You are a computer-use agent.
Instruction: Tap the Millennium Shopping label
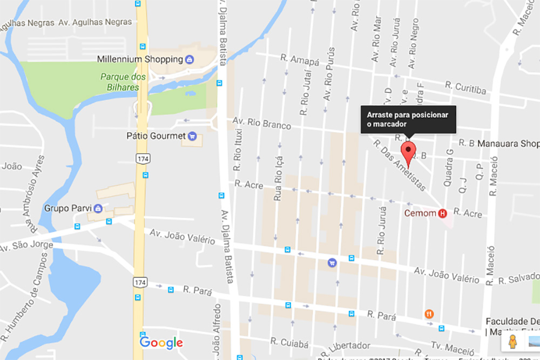tap(140, 59)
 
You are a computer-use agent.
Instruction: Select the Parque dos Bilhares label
tap(123, 82)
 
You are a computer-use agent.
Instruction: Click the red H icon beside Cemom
tap(443, 213)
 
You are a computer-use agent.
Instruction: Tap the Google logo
tap(161, 342)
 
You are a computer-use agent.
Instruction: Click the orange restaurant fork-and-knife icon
tap(429, 314)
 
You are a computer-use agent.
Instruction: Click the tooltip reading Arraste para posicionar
tap(408, 119)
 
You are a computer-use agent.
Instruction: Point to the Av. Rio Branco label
tap(262, 123)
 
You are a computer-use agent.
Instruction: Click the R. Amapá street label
tap(300, 59)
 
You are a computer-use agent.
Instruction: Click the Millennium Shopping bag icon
tap(190, 59)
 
